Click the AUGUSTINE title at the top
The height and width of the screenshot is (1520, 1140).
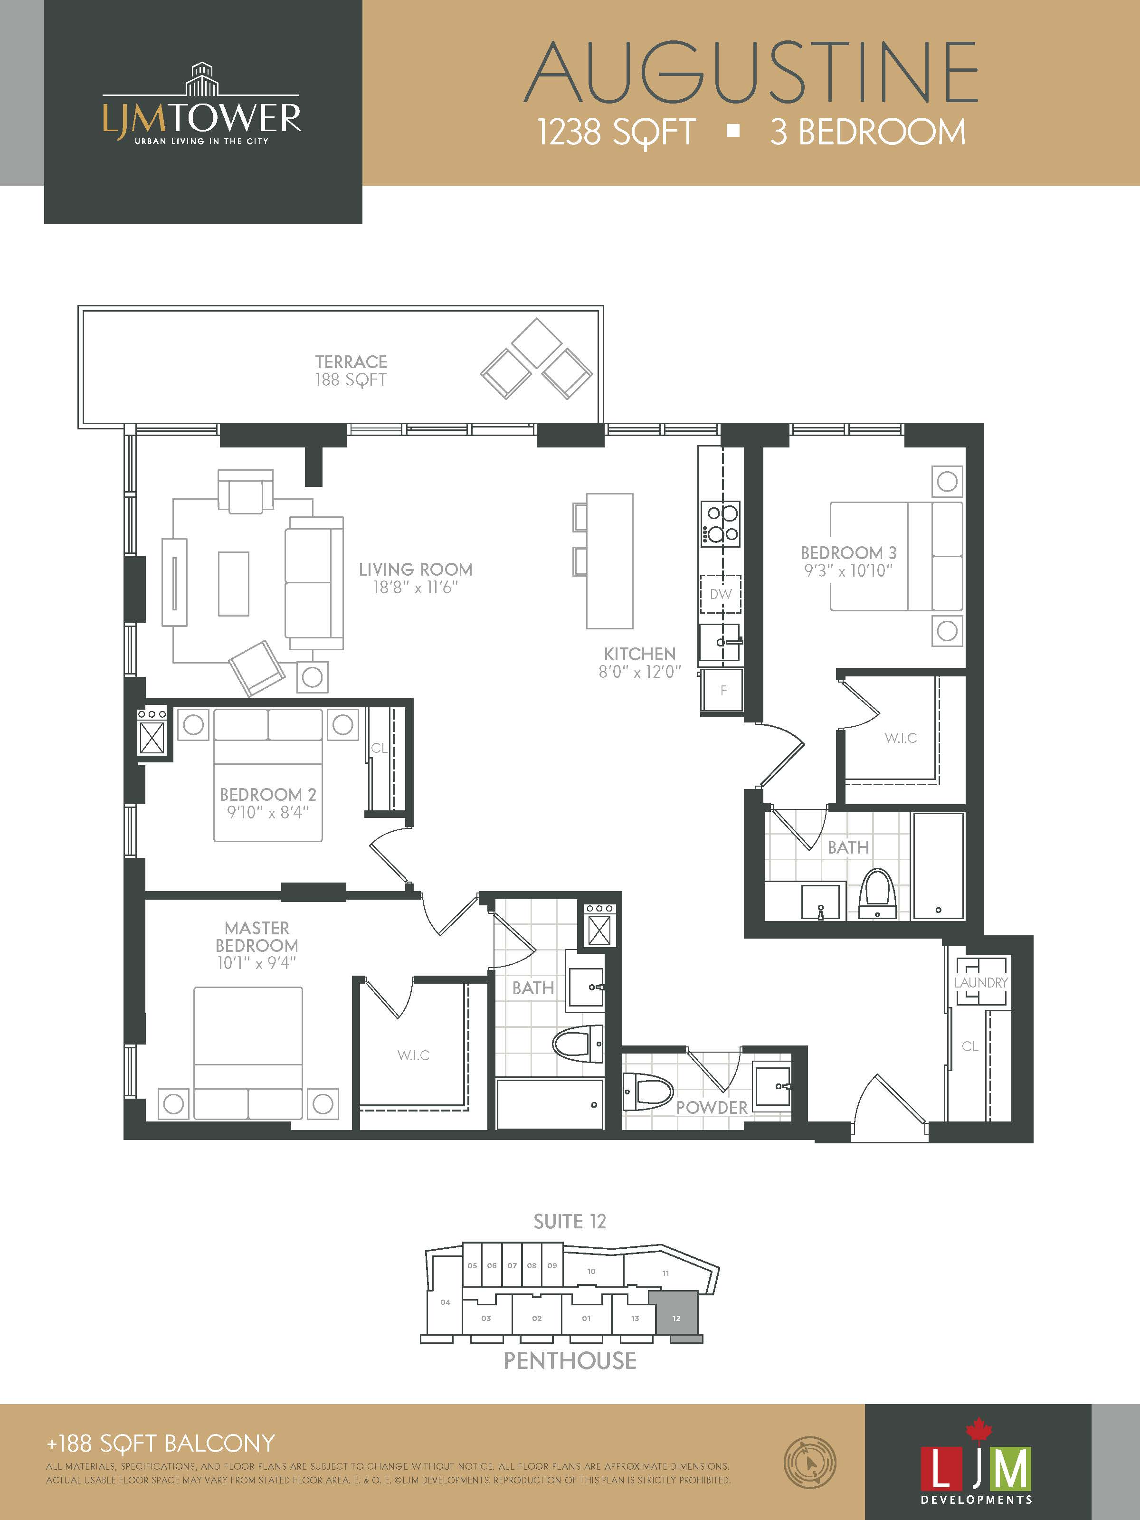click(751, 71)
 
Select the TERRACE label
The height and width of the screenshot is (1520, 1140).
click(351, 361)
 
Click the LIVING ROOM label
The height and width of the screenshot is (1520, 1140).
click(415, 569)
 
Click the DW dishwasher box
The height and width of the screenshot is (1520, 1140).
click(721, 594)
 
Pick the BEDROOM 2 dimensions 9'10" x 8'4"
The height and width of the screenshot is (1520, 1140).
click(268, 812)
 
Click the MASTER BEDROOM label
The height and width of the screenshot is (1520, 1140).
click(257, 937)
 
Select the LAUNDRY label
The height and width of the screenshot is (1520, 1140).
click(980, 983)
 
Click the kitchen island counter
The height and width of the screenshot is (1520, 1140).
click(609, 560)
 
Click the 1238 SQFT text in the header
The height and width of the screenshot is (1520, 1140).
click(617, 132)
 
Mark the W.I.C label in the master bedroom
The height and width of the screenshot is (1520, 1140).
click(414, 1055)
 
